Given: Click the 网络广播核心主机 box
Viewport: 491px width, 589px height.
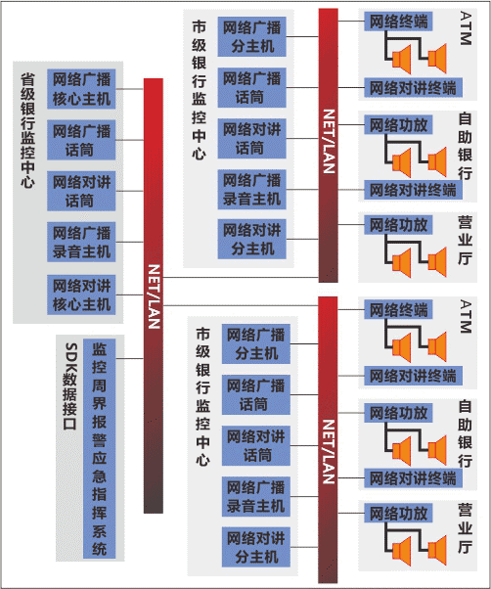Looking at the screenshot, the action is [81, 89].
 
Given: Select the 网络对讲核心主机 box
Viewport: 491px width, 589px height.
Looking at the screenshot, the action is [81, 294].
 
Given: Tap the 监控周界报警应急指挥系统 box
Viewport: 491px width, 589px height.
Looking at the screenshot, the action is [99, 448].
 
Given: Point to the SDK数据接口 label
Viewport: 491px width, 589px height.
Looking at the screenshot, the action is [70, 386].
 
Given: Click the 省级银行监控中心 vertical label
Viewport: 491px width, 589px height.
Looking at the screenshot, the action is [27, 130].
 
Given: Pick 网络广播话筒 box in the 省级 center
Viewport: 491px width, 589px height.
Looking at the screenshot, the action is [81, 140].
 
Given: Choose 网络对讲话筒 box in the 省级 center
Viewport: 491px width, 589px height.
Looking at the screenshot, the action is [81, 191].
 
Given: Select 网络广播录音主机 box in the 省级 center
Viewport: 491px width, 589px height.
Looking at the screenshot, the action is [81, 242].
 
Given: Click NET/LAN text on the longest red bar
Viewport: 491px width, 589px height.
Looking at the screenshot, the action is [154, 296].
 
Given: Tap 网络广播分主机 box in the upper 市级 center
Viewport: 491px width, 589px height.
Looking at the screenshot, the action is [252, 37].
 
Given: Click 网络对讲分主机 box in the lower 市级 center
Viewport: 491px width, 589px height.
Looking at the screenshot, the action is [256, 547].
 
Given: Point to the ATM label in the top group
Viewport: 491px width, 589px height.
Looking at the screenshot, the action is [466, 28].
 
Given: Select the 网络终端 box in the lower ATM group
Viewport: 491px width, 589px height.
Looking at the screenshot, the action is [398, 309].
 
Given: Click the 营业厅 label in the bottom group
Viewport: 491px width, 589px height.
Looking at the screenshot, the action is [466, 527].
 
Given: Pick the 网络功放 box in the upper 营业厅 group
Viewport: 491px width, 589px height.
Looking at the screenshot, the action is [398, 225].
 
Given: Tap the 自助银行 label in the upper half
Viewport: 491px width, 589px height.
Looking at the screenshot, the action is [466, 146].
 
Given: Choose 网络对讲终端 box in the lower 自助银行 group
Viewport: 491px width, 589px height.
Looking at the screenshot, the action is [413, 478].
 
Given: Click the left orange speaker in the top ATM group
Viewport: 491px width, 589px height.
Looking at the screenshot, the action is [402, 59].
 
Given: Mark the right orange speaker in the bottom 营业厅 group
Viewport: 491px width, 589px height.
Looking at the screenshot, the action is [437, 551].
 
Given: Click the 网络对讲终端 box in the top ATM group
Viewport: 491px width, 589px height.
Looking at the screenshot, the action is [413, 87].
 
